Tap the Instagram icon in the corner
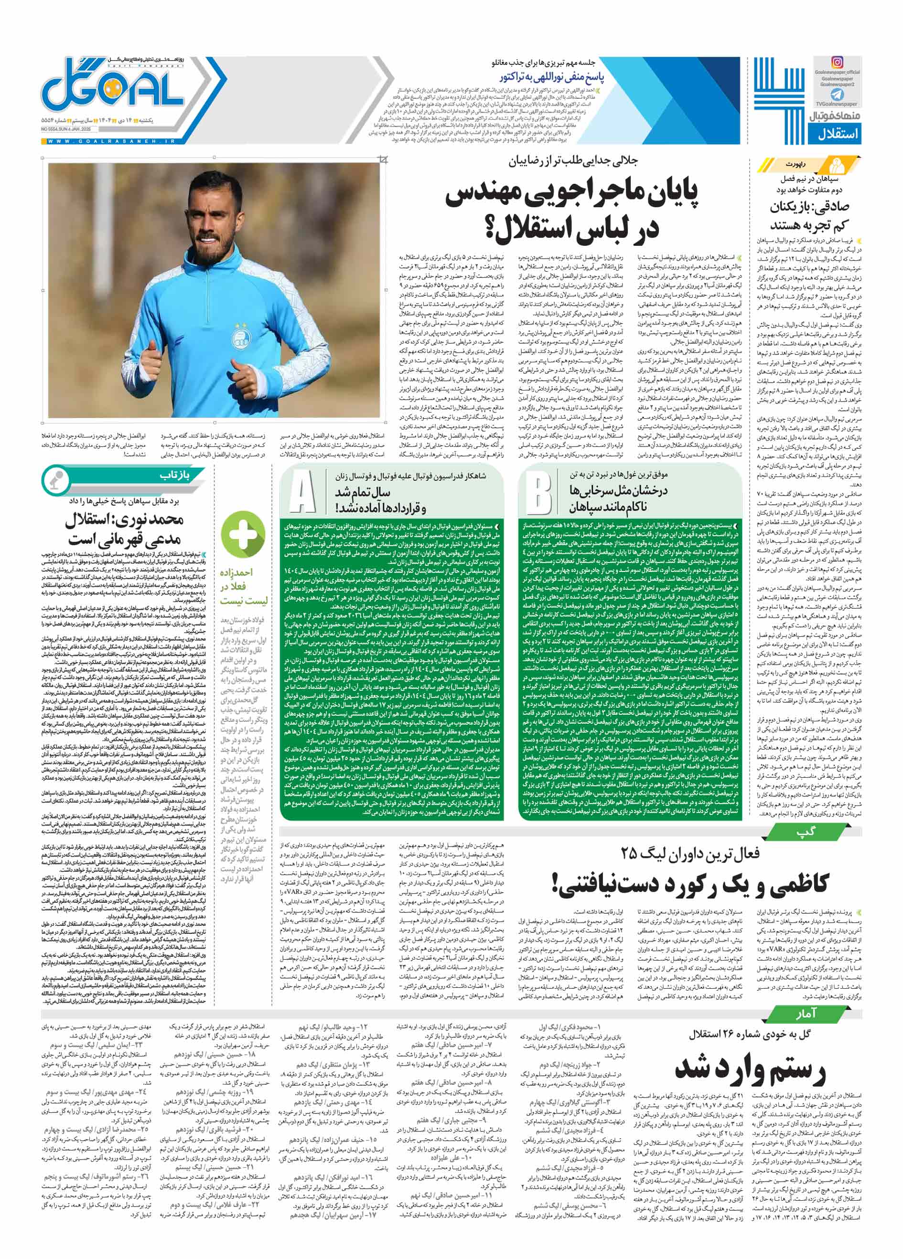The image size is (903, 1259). (837, 62)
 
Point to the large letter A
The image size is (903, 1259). (303, 492)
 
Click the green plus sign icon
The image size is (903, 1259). (239, 535)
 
